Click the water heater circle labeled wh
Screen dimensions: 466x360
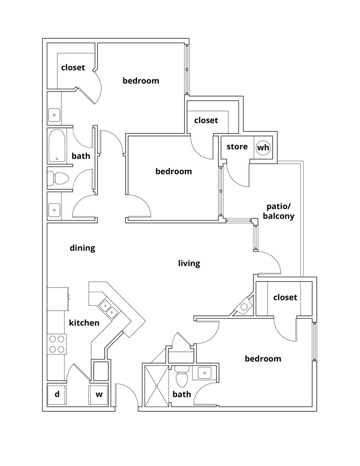(263, 147)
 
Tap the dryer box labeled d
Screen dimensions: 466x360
(57, 394)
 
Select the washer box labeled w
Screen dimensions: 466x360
(99, 394)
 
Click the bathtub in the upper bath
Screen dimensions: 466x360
(57, 146)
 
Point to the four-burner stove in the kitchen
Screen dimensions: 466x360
(57, 344)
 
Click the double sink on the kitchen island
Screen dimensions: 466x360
(109, 308)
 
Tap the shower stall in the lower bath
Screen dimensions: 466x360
(156, 386)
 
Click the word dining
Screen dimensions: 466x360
(82, 248)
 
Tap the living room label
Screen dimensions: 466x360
(189, 263)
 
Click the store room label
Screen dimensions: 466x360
(237, 147)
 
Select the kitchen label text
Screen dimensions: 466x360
(84, 323)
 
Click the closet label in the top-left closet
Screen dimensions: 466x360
(73, 67)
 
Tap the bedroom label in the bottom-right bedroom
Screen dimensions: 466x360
(263, 359)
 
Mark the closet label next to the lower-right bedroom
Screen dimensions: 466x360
(285, 297)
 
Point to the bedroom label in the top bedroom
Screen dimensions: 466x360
(141, 81)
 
